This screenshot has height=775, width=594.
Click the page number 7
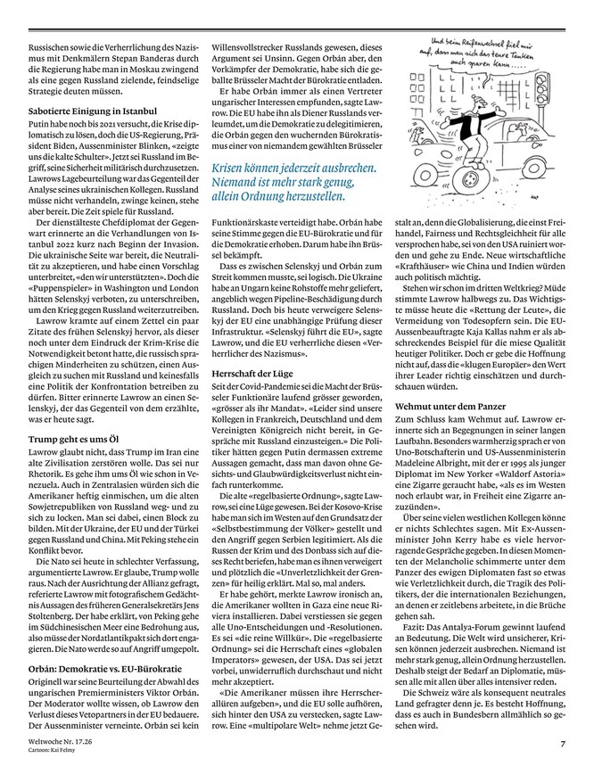(x=563, y=744)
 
